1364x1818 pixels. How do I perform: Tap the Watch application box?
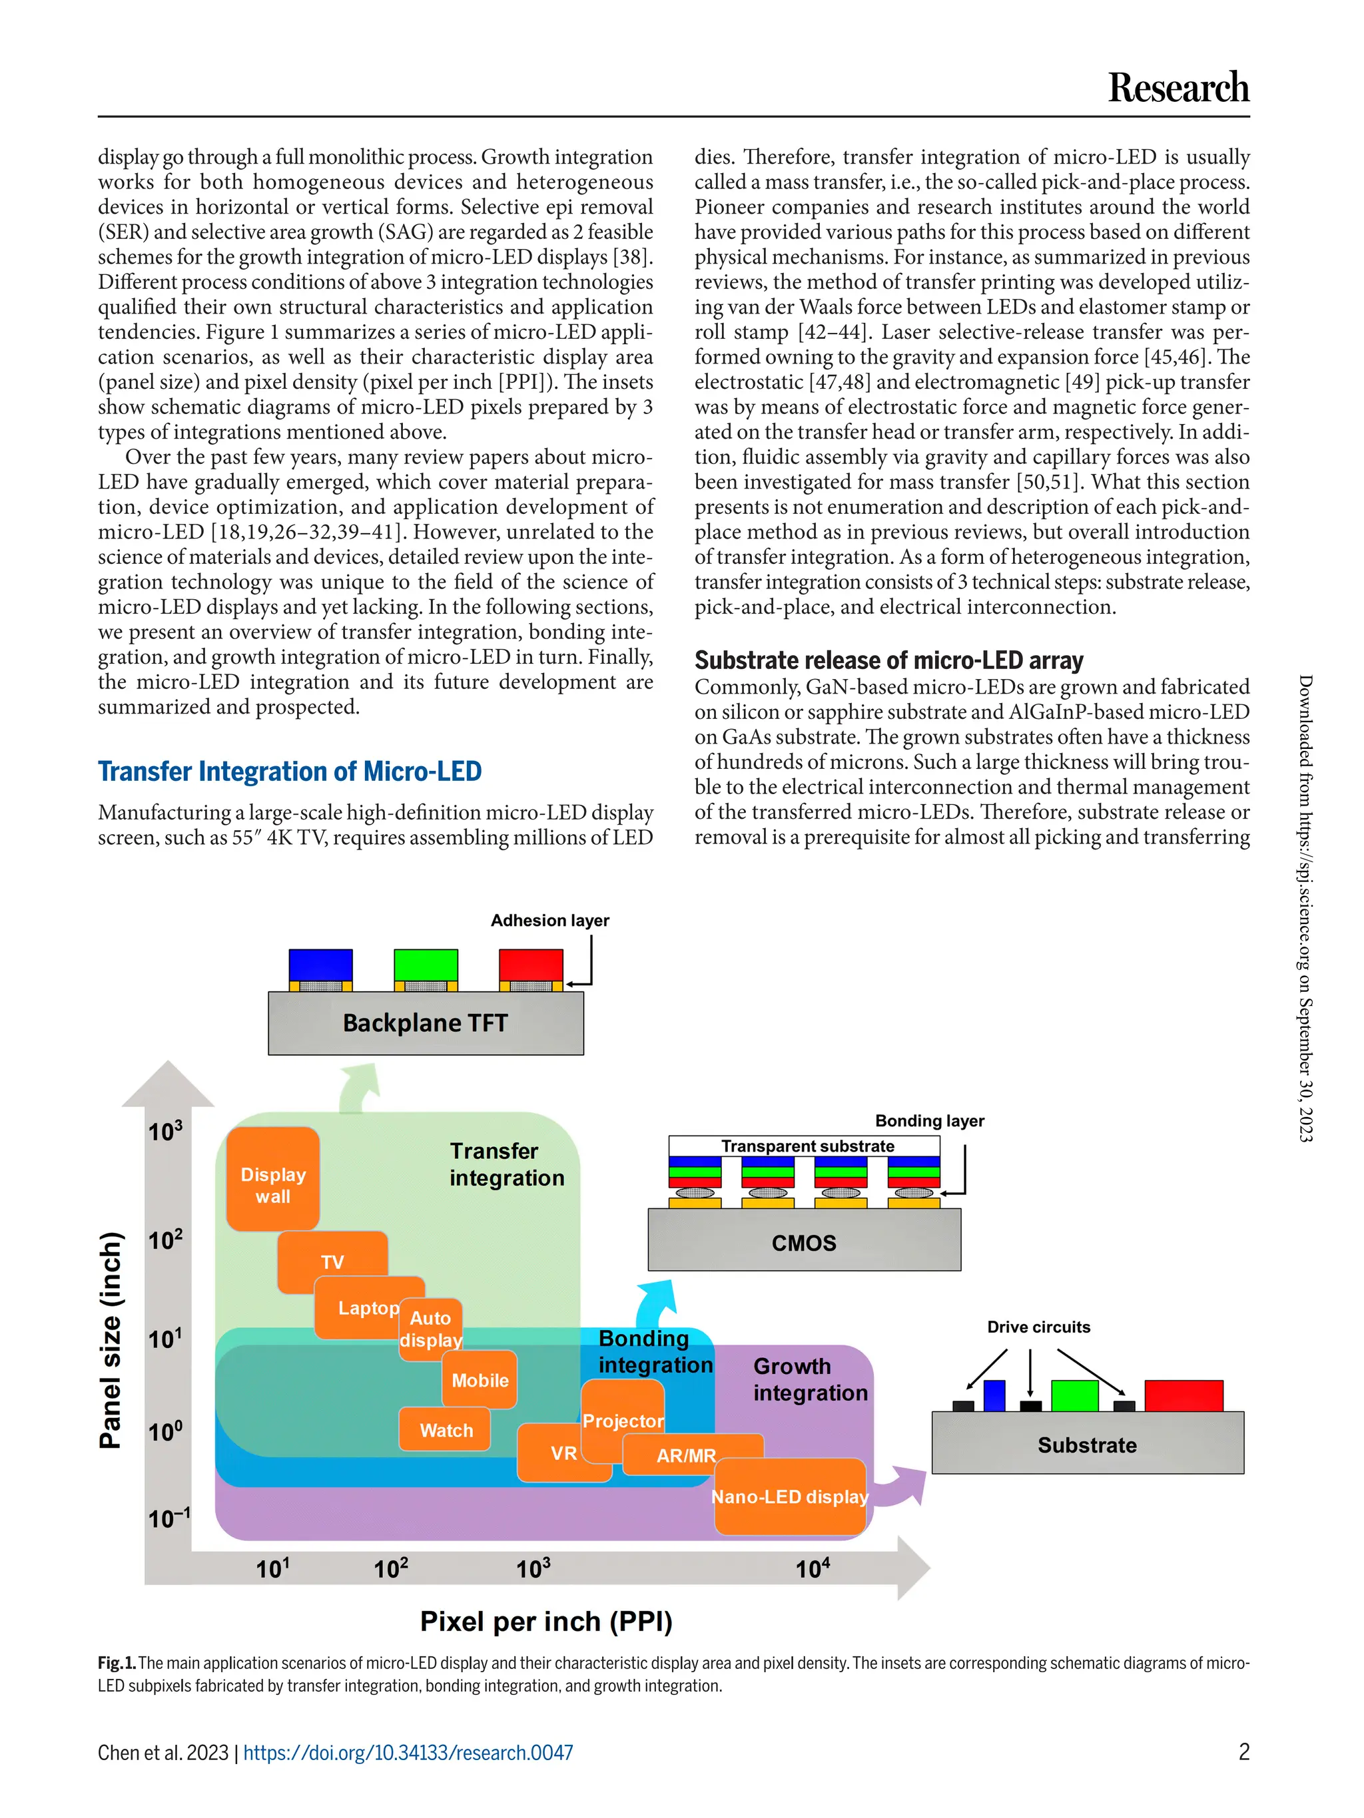[x=446, y=1430]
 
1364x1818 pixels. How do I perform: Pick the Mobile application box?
[x=480, y=1380]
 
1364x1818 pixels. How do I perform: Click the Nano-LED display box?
[x=789, y=1496]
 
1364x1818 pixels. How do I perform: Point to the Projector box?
[x=623, y=1420]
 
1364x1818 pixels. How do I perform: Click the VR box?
[x=563, y=1453]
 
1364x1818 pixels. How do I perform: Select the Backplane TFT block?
[x=425, y=1023]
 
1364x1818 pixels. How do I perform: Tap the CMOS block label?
[x=803, y=1243]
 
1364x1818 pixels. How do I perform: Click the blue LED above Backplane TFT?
[x=320, y=964]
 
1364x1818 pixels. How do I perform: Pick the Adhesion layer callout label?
[x=549, y=921]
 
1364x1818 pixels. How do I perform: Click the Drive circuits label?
[x=1038, y=1327]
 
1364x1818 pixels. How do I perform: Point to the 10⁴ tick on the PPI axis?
[x=813, y=1569]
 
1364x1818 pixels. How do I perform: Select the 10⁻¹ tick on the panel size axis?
[x=169, y=1518]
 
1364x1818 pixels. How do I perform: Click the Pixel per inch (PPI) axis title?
[x=546, y=1622]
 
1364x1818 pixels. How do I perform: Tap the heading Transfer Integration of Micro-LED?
[x=290, y=771]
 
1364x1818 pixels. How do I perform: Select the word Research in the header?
[x=1178, y=87]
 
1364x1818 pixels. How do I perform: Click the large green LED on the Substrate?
[x=1074, y=1395]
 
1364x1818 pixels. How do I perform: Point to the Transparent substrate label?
[x=807, y=1146]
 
